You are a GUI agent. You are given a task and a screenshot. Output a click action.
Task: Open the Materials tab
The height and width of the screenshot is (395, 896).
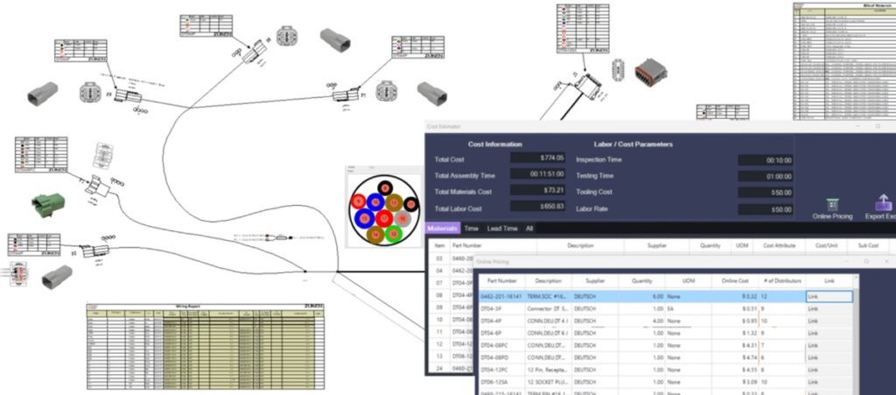click(442, 229)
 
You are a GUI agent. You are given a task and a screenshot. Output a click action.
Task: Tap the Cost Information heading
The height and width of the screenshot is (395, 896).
click(494, 144)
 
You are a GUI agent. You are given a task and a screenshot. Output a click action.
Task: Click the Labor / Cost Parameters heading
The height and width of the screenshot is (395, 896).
click(624, 144)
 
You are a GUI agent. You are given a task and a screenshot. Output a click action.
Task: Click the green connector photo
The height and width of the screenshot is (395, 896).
click(48, 204)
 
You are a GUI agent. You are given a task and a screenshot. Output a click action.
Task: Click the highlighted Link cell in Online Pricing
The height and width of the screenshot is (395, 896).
click(828, 298)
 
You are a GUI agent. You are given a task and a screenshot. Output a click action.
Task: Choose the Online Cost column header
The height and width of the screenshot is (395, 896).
click(730, 281)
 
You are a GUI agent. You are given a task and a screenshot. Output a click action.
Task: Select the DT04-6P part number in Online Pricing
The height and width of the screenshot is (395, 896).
click(500, 334)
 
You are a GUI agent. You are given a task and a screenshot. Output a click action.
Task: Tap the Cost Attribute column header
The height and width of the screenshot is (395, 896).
click(778, 247)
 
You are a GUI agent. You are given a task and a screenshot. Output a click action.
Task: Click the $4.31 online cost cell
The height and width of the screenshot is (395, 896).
click(744, 346)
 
